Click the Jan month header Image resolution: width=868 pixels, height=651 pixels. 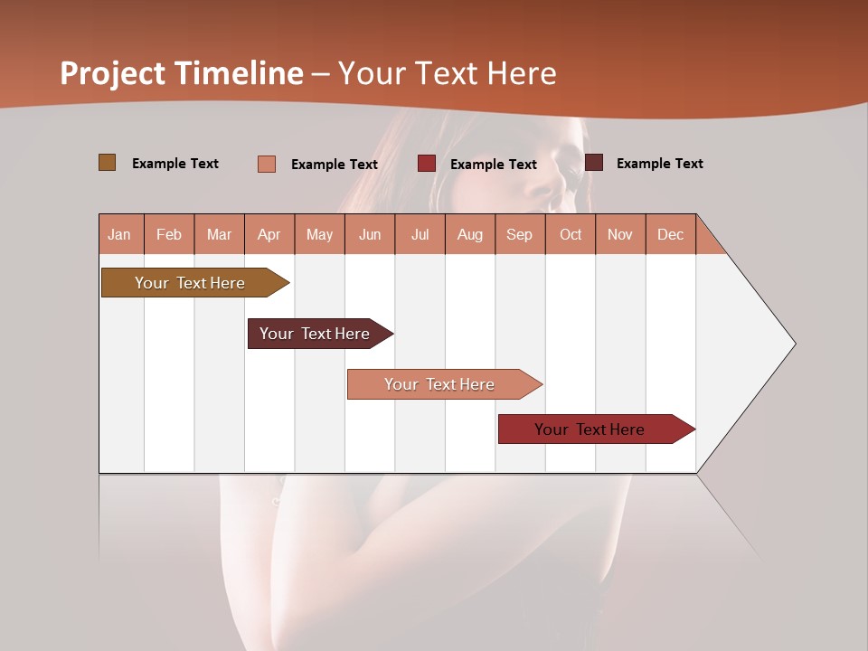(120, 234)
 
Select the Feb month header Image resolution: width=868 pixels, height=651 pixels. (169, 234)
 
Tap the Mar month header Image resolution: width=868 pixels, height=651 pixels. (219, 234)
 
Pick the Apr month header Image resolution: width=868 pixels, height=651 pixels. (269, 234)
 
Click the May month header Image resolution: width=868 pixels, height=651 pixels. (319, 234)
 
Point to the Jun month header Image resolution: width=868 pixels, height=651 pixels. (370, 234)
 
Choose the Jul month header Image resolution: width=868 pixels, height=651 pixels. (420, 234)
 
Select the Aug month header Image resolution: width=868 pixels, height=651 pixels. (470, 234)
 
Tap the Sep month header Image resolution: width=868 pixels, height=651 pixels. (520, 234)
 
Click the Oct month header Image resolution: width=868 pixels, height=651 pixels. (571, 234)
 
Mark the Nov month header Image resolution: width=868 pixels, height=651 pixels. (620, 234)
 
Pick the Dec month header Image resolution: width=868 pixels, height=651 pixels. (671, 234)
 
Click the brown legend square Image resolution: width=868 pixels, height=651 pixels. (108, 163)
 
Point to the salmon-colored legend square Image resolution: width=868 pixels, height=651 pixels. (267, 164)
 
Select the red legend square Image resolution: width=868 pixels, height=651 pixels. (427, 164)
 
